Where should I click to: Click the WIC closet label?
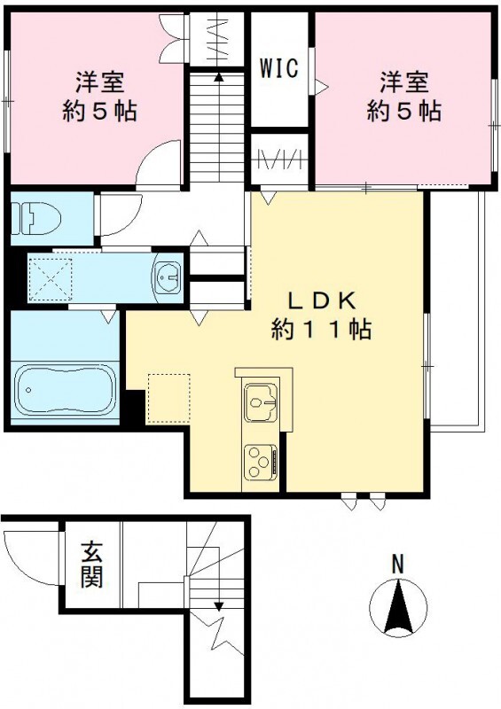click(x=278, y=68)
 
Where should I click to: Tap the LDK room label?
click(x=320, y=300)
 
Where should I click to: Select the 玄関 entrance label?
click(x=91, y=565)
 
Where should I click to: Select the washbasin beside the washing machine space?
click(x=167, y=278)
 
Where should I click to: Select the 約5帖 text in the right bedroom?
click(x=405, y=113)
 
